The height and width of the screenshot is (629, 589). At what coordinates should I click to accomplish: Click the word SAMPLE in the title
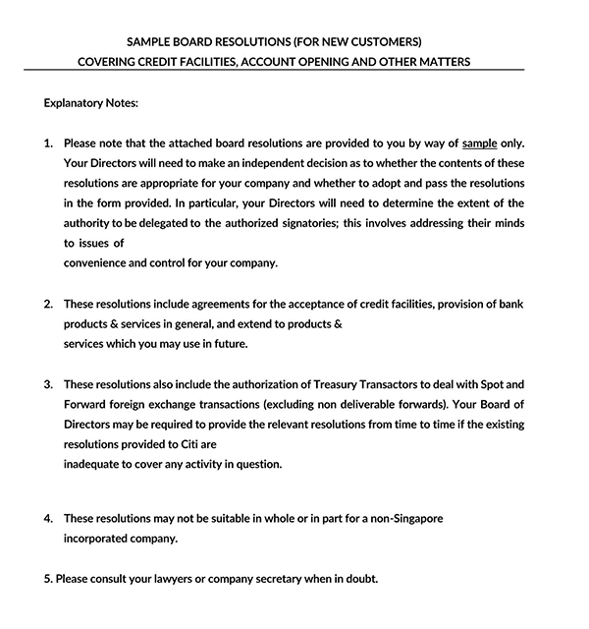pyautogui.click(x=150, y=41)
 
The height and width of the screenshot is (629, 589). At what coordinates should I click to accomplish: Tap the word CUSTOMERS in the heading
pyautogui.click(x=385, y=41)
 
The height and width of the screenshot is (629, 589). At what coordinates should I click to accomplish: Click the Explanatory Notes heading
pyautogui.click(x=91, y=102)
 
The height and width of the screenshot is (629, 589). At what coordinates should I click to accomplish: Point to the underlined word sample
pyautogui.click(x=480, y=143)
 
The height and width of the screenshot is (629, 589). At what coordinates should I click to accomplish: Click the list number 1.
pyautogui.click(x=48, y=143)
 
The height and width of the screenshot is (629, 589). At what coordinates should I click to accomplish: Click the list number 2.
pyautogui.click(x=48, y=304)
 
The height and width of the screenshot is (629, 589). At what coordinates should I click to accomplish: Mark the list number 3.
pyautogui.click(x=48, y=384)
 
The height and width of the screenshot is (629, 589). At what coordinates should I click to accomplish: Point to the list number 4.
pyautogui.click(x=48, y=518)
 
